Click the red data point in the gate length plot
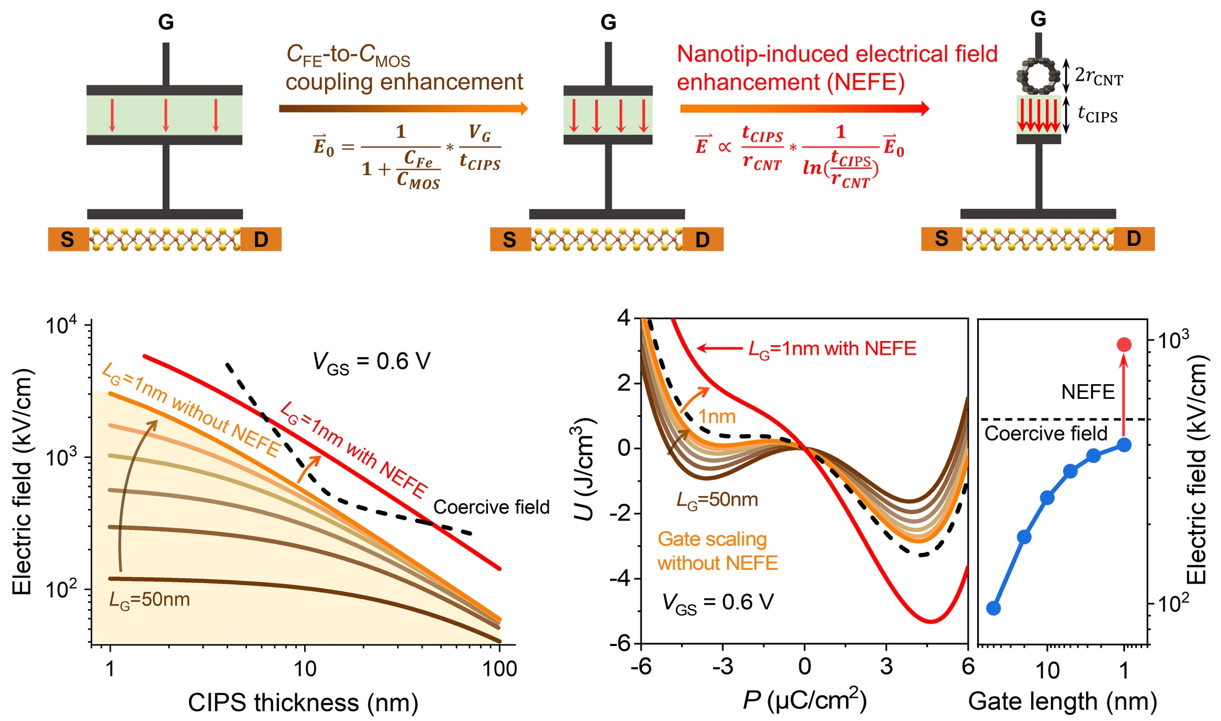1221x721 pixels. (x=1124, y=344)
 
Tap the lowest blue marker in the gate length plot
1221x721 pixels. (x=994, y=608)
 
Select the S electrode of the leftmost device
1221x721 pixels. (x=68, y=239)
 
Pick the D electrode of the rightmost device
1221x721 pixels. (x=1134, y=239)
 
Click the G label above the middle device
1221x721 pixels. (x=608, y=22)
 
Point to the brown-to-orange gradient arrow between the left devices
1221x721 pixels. (x=403, y=108)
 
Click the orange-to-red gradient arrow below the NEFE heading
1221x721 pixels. (x=804, y=108)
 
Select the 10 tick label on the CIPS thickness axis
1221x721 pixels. (x=305, y=669)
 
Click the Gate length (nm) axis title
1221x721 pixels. (x=1062, y=702)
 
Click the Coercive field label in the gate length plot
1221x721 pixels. (x=1046, y=434)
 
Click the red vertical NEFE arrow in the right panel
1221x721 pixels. (x=1123, y=396)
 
